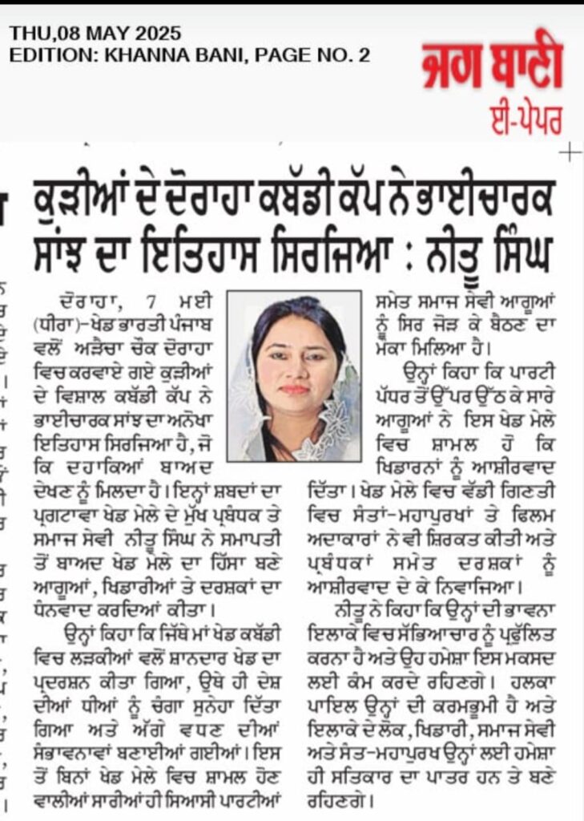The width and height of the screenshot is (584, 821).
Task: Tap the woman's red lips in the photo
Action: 295,390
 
